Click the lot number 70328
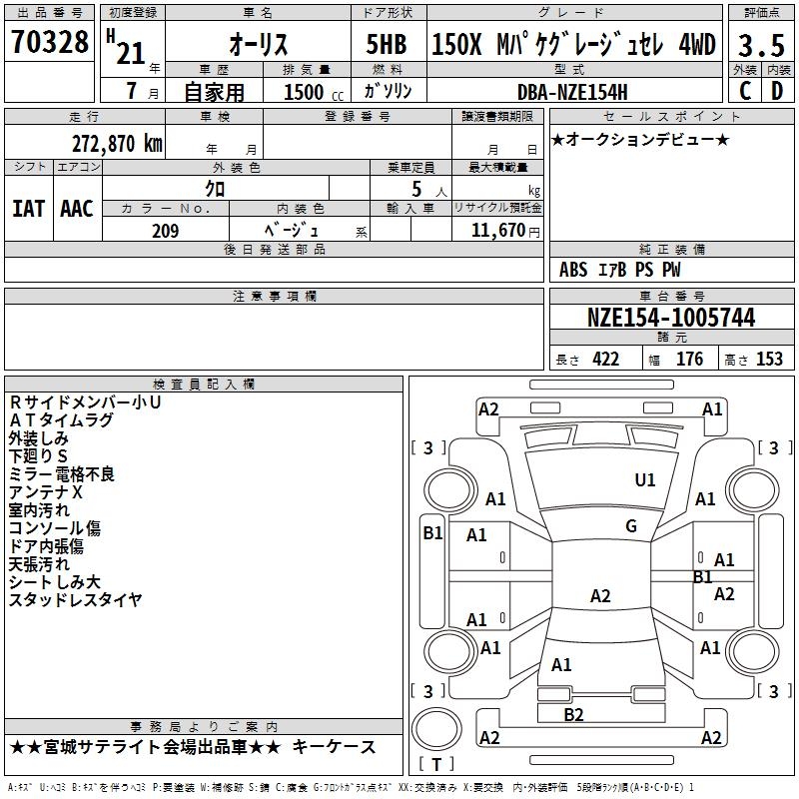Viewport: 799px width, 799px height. [49, 43]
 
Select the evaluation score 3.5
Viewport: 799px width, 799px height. [760, 45]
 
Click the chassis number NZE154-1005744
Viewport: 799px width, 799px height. [670, 318]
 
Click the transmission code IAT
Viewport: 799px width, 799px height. [28, 209]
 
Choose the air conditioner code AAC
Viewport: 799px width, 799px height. [76, 209]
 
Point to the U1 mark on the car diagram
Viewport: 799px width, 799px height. [645, 480]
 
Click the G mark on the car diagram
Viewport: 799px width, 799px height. [630, 526]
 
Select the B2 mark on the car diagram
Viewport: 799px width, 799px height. [573, 714]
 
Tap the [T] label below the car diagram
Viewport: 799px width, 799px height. [435, 765]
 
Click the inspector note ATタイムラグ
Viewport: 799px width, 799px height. [61, 420]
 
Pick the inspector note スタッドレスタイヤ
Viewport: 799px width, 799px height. [75, 600]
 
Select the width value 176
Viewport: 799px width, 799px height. [689, 360]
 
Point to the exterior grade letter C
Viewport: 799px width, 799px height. [744, 91]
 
